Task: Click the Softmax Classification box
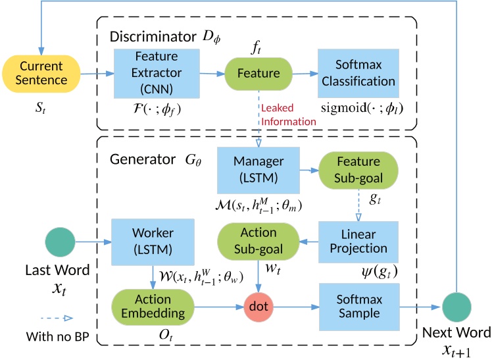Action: (x=358, y=73)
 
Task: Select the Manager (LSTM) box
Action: (x=258, y=169)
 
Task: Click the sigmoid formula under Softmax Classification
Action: (x=359, y=106)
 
